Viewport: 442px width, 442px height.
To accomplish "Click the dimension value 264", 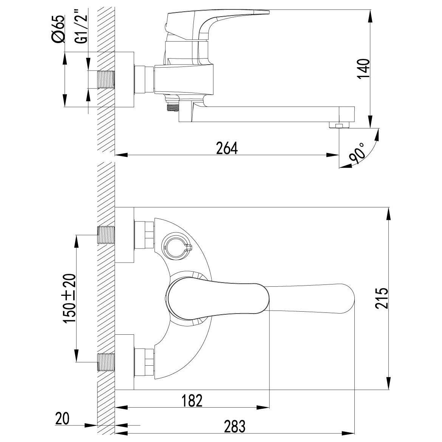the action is coord(227,148).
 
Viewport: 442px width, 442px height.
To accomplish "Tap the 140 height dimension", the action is coord(364,69).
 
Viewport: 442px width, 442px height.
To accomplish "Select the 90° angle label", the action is coord(357,154).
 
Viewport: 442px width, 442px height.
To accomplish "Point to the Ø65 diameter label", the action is coord(58,29).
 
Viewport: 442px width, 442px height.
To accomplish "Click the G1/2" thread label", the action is coord(81,29).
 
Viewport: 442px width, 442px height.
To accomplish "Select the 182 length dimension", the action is coord(192,400).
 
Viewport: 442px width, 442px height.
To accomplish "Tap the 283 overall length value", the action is coord(235,426).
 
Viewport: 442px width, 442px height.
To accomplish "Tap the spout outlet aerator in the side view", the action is coord(339,125).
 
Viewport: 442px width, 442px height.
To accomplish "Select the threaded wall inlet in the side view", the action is coord(106,79).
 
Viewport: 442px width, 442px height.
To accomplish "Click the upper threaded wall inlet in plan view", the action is coord(106,235).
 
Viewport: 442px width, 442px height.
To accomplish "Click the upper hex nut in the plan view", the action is coord(144,235).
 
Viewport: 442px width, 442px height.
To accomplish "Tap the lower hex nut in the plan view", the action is coord(144,362).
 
